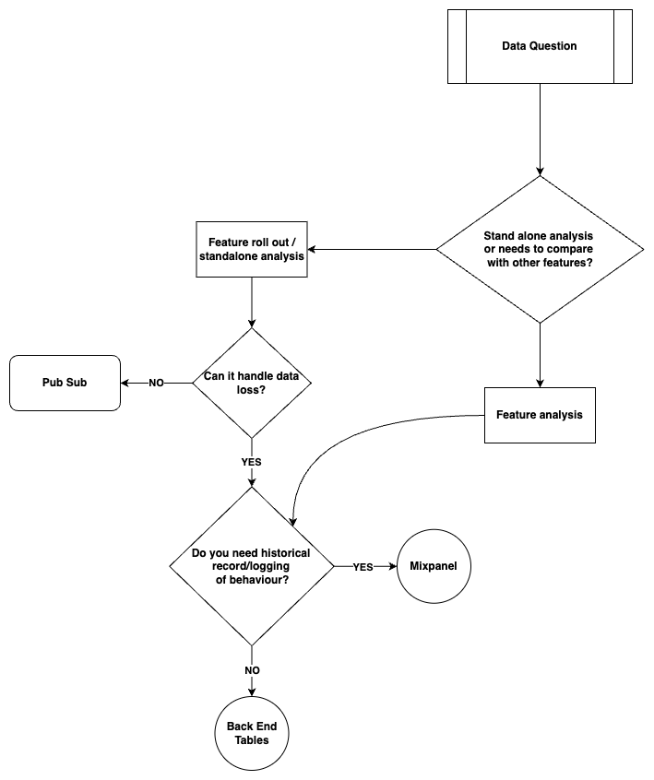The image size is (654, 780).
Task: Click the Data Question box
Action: click(540, 46)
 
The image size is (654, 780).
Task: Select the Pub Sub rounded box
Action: click(65, 383)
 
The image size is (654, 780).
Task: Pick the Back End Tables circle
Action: click(252, 734)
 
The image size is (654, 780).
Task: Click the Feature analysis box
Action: click(540, 415)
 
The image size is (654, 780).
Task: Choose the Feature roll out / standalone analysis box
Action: click(252, 249)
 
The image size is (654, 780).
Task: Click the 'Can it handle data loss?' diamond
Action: click(252, 383)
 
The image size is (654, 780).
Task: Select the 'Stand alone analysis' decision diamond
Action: click(540, 249)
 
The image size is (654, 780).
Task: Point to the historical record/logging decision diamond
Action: click(252, 566)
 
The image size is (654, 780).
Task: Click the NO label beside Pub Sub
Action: click(156, 383)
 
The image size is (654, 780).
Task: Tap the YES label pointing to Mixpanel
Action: click(363, 567)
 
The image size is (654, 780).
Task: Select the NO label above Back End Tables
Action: click(252, 670)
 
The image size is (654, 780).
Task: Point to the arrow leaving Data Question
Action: click(540, 129)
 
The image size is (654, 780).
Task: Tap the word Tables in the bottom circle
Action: click(252, 741)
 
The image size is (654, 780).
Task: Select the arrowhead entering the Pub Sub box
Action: click(125, 383)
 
